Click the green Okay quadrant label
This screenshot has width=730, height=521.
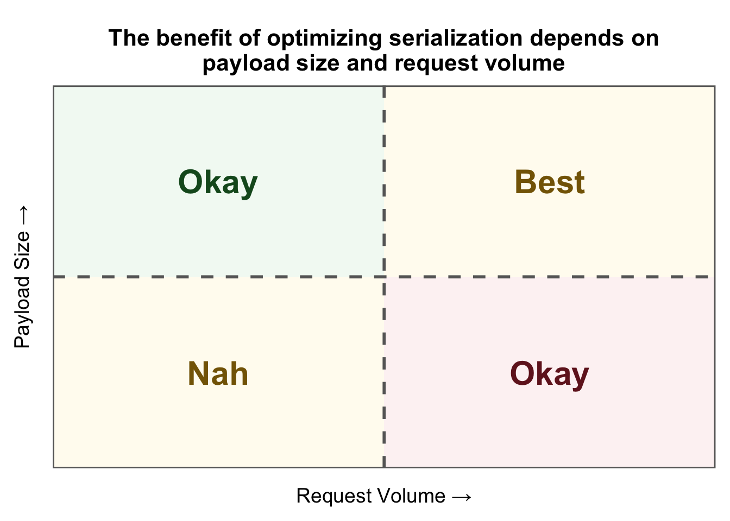[218, 183]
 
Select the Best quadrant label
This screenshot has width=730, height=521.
[550, 182]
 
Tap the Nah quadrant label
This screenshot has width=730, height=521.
[218, 374]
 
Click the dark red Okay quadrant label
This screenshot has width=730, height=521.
[550, 374]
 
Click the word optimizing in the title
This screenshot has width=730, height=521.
[324, 39]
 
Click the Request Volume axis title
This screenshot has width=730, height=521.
[384, 496]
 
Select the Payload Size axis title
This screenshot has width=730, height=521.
[22, 277]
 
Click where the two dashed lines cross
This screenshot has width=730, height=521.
[384, 277]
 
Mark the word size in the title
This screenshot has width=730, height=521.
[318, 63]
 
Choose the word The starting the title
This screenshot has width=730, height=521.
[129, 38]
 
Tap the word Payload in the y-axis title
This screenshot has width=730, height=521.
[22, 313]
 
